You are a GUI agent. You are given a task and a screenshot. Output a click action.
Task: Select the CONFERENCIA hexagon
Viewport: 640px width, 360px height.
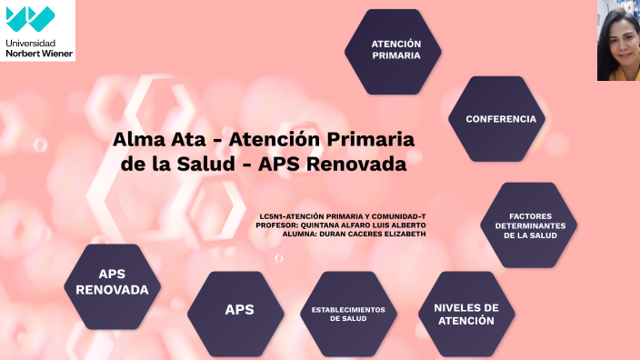tap(501, 119)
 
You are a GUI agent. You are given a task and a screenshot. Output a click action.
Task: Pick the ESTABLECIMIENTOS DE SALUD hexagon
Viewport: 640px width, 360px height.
tap(348, 314)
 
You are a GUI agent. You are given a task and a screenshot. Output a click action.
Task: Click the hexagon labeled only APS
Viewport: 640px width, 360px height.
tap(239, 310)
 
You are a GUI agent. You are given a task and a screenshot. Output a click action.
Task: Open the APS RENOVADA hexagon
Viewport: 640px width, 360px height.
tap(112, 283)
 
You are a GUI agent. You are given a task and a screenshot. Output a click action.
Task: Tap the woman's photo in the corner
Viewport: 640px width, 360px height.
tap(618, 40)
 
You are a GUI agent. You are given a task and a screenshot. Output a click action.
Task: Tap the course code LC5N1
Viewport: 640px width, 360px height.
tap(272, 216)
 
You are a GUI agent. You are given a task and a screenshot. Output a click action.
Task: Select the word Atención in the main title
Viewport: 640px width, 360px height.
tap(277, 141)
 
